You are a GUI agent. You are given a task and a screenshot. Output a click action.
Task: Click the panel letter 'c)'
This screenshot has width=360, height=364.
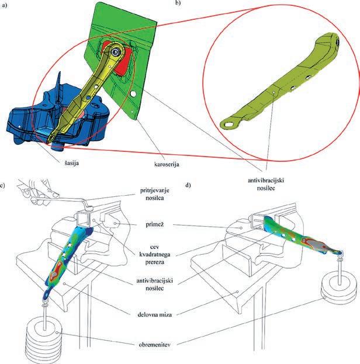[4, 186]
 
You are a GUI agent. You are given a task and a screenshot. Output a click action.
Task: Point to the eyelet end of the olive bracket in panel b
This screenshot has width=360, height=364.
[227, 124]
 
